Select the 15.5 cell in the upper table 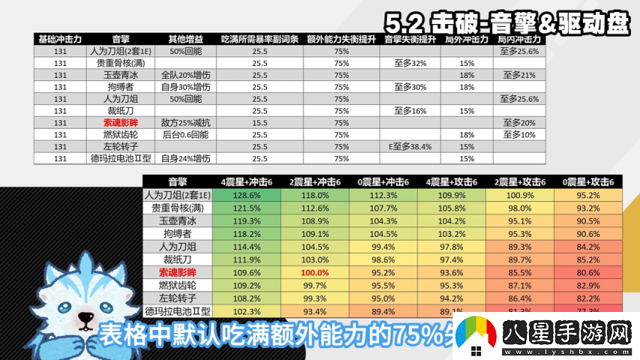click(x=260, y=122)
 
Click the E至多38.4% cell click(x=410, y=146)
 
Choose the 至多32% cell click(x=410, y=63)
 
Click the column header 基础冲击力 click(x=61, y=39)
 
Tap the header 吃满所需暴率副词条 click(x=260, y=39)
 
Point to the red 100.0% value click(x=314, y=273)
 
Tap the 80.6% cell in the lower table click(x=589, y=273)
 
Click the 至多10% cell click(x=519, y=134)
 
